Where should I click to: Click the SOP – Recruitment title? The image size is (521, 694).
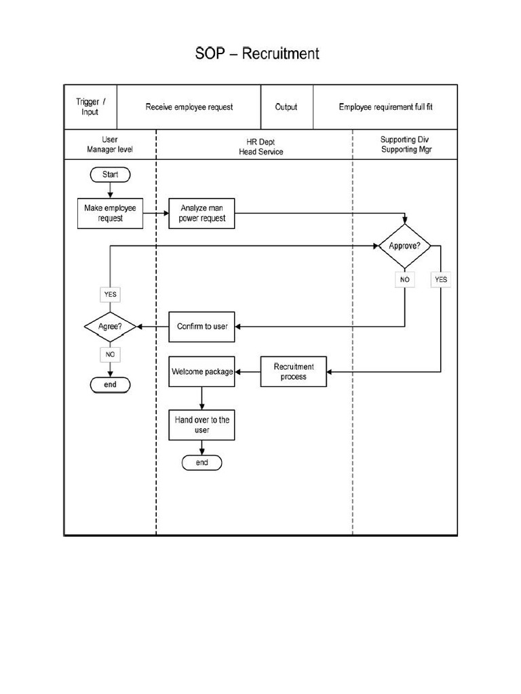click(257, 54)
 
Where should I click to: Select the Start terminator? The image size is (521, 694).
click(110, 175)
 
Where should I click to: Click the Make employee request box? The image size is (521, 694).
click(110, 213)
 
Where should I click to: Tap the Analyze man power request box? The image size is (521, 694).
click(202, 213)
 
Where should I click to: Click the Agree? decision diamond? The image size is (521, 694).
click(110, 327)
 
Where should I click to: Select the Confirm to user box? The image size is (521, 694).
click(202, 327)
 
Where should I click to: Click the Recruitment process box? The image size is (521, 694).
click(294, 371)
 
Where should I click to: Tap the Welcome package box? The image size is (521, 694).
click(202, 371)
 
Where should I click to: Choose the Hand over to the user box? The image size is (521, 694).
click(202, 425)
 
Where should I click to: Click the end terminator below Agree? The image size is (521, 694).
click(110, 385)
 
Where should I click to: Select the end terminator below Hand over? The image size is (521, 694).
click(202, 463)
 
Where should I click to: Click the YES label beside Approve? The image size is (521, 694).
click(441, 279)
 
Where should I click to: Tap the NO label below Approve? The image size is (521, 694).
click(405, 279)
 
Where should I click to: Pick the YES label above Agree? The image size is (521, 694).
click(110, 295)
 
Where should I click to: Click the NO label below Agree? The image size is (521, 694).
click(110, 354)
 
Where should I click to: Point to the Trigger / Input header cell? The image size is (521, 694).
click(90, 107)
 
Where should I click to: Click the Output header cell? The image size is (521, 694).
click(286, 107)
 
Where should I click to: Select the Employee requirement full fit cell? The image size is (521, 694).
click(385, 107)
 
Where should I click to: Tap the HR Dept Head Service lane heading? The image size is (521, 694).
click(260, 147)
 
